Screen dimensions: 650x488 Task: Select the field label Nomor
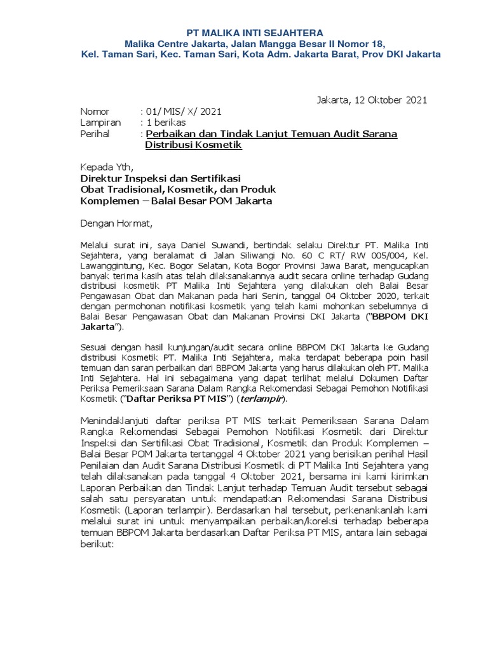(x=95, y=111)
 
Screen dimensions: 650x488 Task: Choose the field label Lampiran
(x=100, y=123)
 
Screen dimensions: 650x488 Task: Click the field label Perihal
(x=95, y=134)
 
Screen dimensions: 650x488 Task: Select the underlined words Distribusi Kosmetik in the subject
(x=193, y=145)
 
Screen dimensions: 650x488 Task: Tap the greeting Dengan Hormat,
(x=116, y=223)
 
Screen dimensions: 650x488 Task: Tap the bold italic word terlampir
(x=261, y=399)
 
